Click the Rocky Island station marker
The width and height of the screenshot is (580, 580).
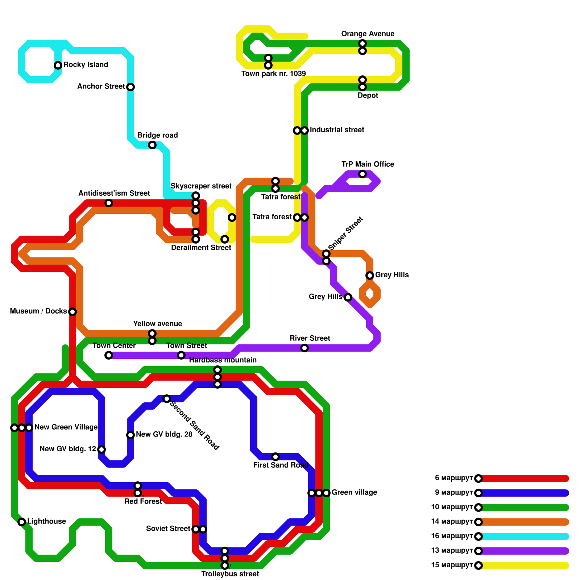(x=58, y=65)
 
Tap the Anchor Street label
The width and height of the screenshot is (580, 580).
(x=101, y=87)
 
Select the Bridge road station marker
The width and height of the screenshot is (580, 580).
(x=152, y=145)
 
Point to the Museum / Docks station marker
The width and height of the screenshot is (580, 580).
(x=72, y=312)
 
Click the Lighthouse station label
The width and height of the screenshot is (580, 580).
(x=47, y=522)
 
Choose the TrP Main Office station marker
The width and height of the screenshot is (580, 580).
(x=362, y=174)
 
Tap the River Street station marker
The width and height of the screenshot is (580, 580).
(x=304, y=348)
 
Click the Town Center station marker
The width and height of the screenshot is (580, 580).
(x=109, y=355)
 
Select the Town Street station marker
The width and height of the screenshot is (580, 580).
(x=181, y=355)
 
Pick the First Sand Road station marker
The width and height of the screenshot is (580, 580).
(x=275, y=457)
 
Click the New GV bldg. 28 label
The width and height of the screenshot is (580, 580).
(x=164, y=435)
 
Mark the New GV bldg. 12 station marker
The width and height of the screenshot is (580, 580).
(x=101, y=449)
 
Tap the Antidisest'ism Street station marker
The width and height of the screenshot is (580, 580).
(x=109, y=203)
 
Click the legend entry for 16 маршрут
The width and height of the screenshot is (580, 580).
(x=451, y=536)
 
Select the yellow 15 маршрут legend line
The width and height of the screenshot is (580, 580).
(x=524, y=565)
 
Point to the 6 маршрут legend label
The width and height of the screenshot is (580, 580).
(x=453, y=478)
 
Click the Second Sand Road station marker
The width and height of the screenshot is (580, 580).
(x=167, y=399)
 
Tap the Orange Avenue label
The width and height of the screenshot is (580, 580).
(x=368, y=34)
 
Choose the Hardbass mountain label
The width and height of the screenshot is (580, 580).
(x=223, y=360)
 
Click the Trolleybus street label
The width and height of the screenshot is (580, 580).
(x=230, y=574)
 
